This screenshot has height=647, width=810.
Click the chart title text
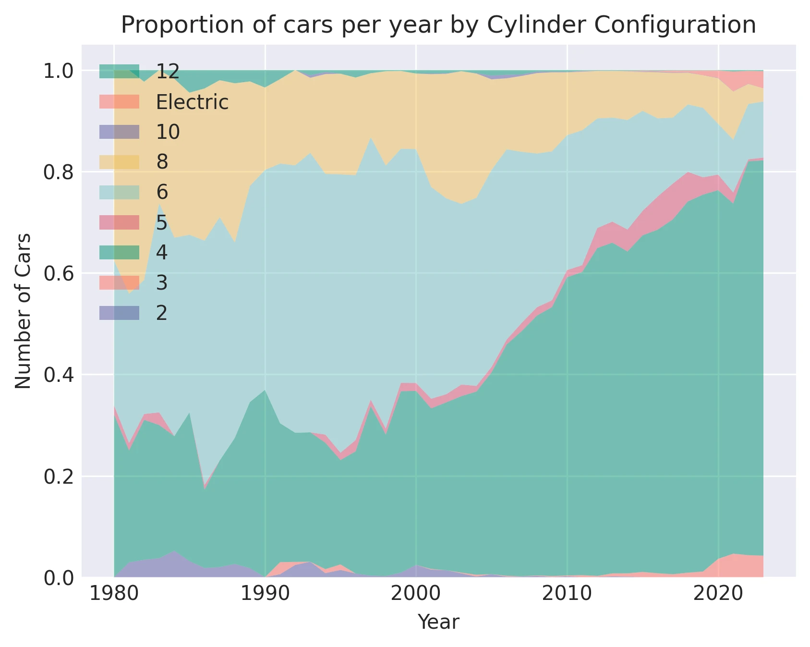coord(438,25)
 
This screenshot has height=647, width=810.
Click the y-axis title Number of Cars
coord(23,311)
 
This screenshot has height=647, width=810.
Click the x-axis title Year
coord(438,622)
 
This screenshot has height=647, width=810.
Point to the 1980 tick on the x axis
coord(114,594)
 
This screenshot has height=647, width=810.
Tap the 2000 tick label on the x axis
coord(416,594)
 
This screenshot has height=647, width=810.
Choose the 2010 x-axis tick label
coord(567,594)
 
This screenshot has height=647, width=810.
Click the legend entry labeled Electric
coord(192,102)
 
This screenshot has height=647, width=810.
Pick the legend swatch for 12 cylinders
coord(120,72)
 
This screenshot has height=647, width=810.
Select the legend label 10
coord(168,132)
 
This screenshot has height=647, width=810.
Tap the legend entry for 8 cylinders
coord(162,162)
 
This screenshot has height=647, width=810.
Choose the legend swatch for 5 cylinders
coord(120,222)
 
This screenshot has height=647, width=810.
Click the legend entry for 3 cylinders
coord(162,283)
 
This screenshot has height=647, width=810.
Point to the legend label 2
coord(162,313)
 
